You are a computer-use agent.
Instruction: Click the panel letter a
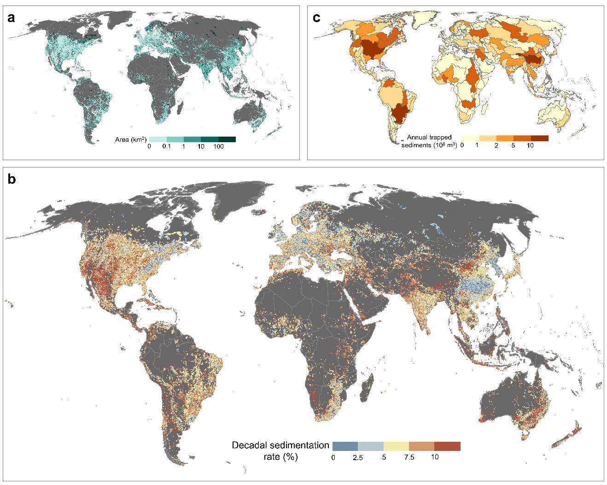(x=11, y=18)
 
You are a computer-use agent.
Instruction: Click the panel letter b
(x=12, y=179)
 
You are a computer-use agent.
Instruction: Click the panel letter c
(x=316, y=18)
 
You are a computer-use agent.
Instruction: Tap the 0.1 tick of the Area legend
(x=166, y=146)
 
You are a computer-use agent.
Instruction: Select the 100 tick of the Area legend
(x=218, y=146)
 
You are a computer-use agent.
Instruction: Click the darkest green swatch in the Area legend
(x=227, y=139)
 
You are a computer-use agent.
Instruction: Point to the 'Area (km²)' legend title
(x=131, y=139)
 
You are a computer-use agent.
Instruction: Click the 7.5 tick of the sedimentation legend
(x=409, y=457)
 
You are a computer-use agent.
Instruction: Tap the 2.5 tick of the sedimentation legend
(x=358, y=457)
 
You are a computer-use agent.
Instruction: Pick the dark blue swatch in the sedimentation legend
(x=345, y=446)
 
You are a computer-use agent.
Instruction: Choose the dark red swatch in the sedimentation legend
(x=447, y=446)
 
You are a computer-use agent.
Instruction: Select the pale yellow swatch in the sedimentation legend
(x=396, y=446)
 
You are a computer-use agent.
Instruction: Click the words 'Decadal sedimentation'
(x=280, y=445)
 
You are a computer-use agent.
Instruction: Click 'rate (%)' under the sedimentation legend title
(x=280, y=457)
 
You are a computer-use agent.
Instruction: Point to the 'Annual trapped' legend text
(x=429, y=137)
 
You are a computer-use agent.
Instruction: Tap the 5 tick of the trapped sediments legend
(x=513, y=145)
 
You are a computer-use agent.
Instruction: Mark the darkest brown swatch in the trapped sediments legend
(x=540, y=138)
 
